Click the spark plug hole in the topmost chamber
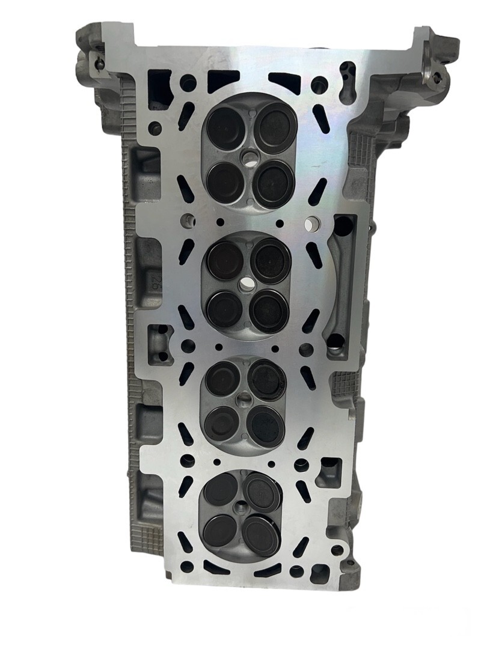[x=249, y=157]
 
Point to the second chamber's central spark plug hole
[x=247, y=282]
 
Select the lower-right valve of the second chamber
[x=269, y=310]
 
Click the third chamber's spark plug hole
[x=245, y=397]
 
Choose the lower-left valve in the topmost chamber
[x=226, y=181]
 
